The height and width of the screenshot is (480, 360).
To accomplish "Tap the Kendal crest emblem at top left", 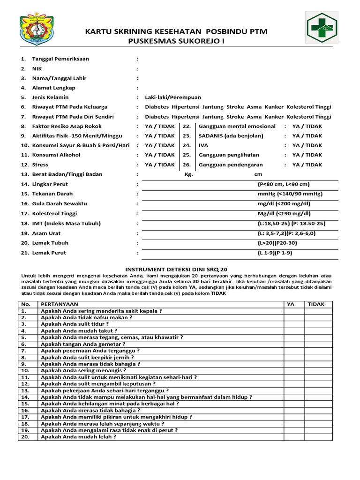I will [x=33, y=31].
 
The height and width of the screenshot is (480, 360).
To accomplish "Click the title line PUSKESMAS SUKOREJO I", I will [x=176, y=41].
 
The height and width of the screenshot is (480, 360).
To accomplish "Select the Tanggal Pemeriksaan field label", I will [x=60, y=59].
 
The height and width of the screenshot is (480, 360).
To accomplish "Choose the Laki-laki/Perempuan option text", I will [x=173, y=97].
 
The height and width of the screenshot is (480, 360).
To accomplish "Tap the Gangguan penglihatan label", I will [x=229, y=155].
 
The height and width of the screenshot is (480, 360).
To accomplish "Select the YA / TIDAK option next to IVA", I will [x=307, y=145].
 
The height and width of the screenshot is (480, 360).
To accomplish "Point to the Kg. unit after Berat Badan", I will [x=189, y=174].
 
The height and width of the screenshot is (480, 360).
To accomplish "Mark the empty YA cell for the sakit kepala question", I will [x=291, y=311].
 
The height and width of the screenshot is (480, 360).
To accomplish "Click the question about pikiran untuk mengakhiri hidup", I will [x=116, y=417].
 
